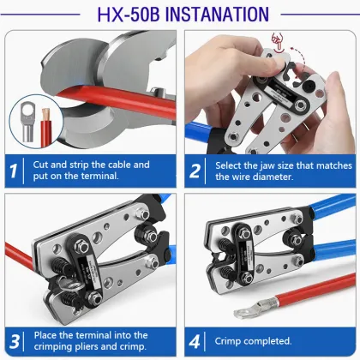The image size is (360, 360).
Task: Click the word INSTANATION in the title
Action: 217,15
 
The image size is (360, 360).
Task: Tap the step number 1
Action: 13,171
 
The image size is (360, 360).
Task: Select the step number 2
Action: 195,171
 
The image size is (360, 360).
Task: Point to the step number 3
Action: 15,342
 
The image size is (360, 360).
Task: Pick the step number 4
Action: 195,342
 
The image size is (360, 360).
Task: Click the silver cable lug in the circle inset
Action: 27,122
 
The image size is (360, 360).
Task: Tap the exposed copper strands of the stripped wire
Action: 46,115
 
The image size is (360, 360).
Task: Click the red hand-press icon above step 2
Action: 277,42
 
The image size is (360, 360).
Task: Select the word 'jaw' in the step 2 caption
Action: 266,166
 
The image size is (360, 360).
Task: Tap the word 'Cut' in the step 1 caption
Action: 40,165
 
